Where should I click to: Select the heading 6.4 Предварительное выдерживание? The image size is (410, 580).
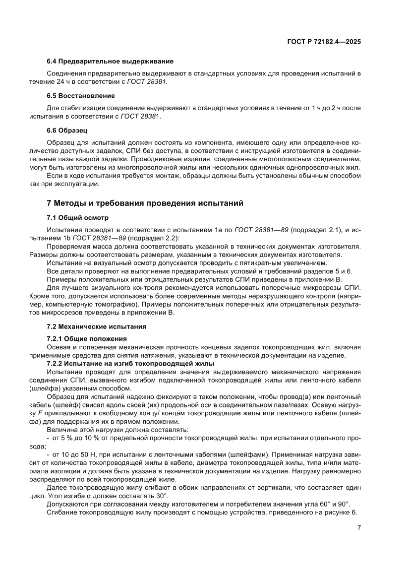point(110,62)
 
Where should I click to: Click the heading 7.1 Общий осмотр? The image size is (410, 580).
point(77,218)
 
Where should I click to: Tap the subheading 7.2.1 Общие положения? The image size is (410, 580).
point(87,338)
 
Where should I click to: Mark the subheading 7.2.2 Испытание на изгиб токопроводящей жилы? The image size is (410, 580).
point(130,363)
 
